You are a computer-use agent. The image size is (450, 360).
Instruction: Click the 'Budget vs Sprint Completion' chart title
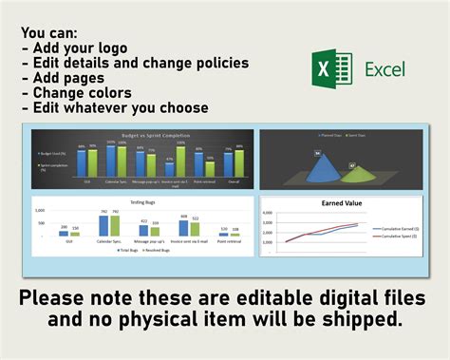coord(142,136)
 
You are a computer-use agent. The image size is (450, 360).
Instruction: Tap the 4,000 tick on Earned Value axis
coord(268,215)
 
